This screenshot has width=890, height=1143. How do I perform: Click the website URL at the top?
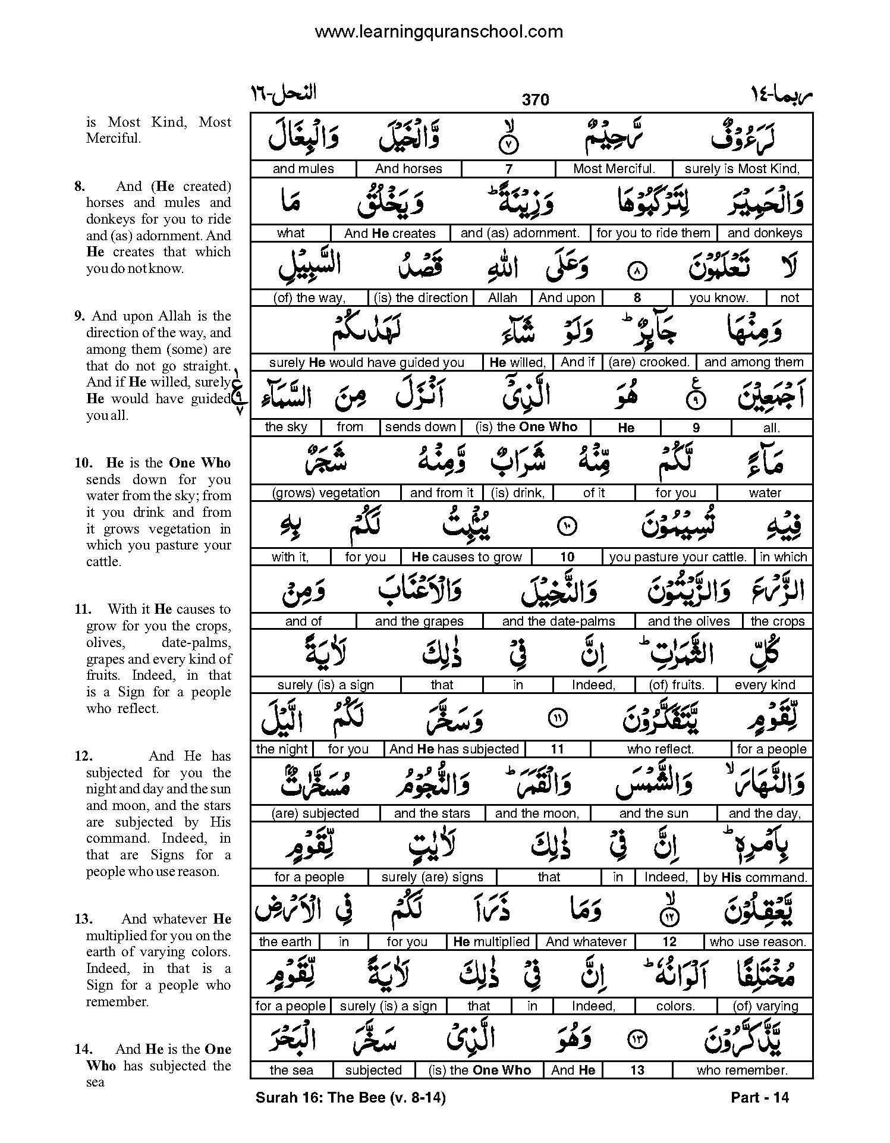click(x=438, y=32)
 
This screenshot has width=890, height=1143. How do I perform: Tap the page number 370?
click(x=535, y=100)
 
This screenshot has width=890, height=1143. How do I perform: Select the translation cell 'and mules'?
click(x=303, y=169)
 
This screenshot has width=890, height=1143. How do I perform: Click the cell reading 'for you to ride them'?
click(x=653, y=233)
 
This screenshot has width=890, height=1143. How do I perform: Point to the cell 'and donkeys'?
click(x=765, y=233)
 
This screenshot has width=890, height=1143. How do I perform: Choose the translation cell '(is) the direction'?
click(x=420, y=298)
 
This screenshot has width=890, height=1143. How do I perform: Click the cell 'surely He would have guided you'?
click(x=366, y=362)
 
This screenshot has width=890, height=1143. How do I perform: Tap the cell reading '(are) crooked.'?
click(x=649, y=362)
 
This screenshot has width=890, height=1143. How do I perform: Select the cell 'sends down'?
click(x=420, y=427)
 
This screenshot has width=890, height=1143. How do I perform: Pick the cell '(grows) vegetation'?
click(x=325, y=493)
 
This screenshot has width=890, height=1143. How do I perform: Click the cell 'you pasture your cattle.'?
click(x=678, y=557)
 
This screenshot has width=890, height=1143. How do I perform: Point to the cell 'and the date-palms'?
click(x=558, y=621)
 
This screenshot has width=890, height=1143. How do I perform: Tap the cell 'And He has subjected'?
click(x=454, y=749)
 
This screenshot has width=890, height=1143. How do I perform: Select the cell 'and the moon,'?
click(x=537, y=814)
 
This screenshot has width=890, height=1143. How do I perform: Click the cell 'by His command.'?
click(x=755, y=877)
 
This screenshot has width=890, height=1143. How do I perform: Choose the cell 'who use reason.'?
click(x=758, y=942)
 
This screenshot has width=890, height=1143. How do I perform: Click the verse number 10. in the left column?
click(x=83, y=463)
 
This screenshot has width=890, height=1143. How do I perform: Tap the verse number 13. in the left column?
click(x=83, y=919)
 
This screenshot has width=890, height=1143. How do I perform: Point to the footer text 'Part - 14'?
click(x=760, y=1097)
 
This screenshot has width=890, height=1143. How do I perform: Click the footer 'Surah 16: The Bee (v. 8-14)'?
click(x=350, y=1097)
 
